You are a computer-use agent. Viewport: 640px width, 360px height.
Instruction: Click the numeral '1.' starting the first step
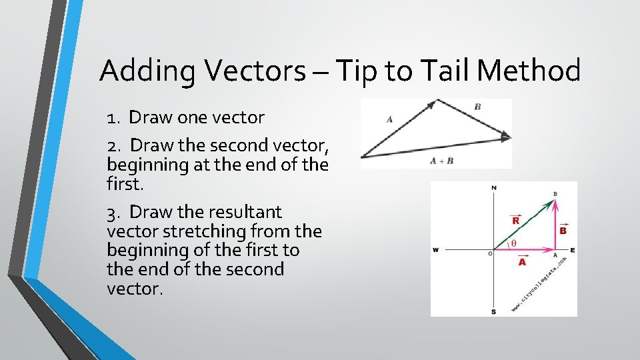point(113,118)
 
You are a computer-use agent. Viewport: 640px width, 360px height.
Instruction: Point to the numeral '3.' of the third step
point(114,212)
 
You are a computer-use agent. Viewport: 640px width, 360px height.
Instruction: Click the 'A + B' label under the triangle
point(441,161)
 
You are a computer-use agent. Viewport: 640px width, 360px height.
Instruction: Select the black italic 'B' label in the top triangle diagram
point(477,107)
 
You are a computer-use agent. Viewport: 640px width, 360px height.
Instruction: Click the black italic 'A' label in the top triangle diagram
point(389,119)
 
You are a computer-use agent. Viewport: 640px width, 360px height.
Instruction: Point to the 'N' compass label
point(493,188)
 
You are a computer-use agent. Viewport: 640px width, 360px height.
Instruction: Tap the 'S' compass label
point(493,311)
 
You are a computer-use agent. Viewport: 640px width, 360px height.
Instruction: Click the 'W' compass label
point(435,250)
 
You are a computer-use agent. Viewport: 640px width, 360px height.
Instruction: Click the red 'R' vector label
point(516,219)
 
